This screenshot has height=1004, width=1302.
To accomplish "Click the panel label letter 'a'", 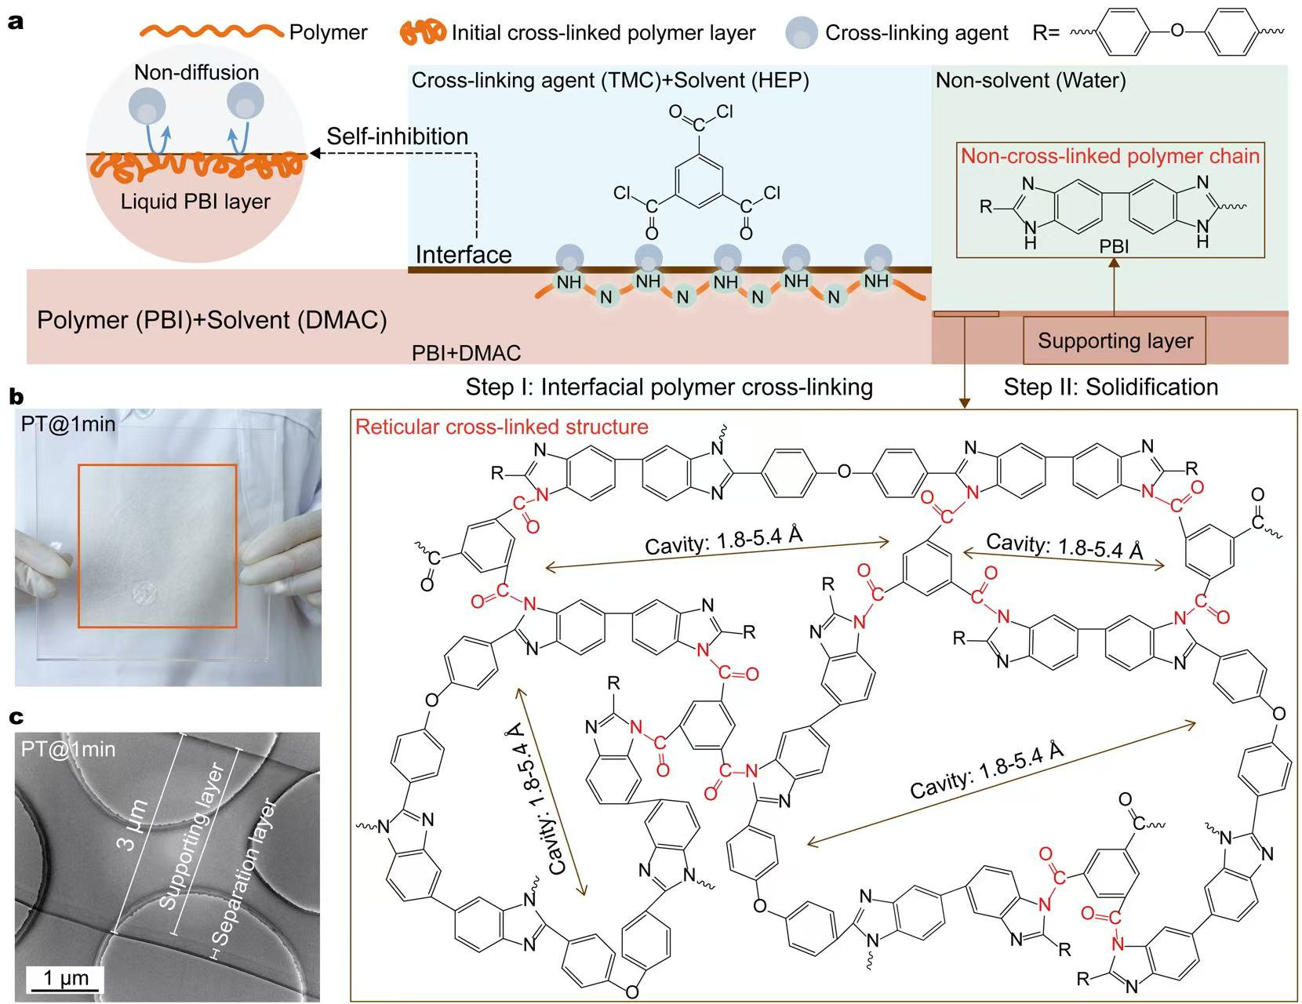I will pos(16,21).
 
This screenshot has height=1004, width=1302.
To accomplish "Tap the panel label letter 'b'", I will pos(16,397).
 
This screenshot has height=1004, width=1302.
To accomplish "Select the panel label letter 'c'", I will pos(15,716).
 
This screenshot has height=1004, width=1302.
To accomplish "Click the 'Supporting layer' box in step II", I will pos(1115,340).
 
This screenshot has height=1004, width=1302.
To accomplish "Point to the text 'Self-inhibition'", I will pos(397,136).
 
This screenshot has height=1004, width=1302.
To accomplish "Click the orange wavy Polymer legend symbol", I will pos(211,31).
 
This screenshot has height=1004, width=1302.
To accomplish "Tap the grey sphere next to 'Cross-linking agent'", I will pos(802,33).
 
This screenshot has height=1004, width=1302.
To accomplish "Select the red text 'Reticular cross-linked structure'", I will pos(502,427).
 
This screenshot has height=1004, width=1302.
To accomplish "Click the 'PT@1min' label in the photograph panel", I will pos(69,424).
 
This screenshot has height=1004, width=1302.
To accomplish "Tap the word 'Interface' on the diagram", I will pos(463,255).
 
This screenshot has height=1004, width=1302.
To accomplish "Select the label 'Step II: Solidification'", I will pos(1111,387).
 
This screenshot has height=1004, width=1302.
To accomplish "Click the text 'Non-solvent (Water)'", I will pos(1031,80).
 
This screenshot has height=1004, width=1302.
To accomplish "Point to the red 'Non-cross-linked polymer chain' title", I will pos(1110,156).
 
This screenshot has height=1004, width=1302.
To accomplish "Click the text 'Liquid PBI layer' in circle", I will pos(195,202).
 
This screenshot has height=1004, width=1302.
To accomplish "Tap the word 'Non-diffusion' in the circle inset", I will pos(196,72).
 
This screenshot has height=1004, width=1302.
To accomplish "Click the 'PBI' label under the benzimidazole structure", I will pos(1113,246).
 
